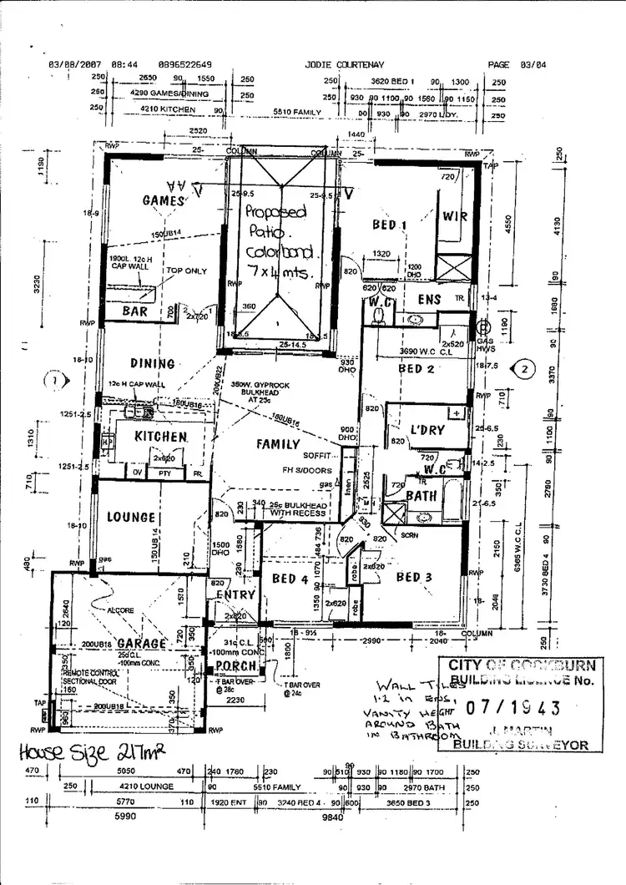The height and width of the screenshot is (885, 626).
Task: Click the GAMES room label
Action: point(163,200)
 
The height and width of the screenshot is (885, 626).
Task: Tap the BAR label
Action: point(134,311)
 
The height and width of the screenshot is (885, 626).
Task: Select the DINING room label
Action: point(152,363)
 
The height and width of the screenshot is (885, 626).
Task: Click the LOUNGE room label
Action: point(131,518)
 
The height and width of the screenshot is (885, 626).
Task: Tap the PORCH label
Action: point(234,665)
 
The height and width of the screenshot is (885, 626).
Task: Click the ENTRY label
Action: point(235,594)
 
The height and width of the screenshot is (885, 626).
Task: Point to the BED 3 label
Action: point(414,577)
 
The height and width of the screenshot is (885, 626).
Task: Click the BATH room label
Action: point(422,495)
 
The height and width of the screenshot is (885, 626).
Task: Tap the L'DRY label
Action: point(427,431)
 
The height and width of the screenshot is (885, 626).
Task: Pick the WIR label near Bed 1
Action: point(455,216)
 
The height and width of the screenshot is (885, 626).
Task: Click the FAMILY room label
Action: point(278,444)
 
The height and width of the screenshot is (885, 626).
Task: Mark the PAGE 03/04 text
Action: point(515,63)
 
